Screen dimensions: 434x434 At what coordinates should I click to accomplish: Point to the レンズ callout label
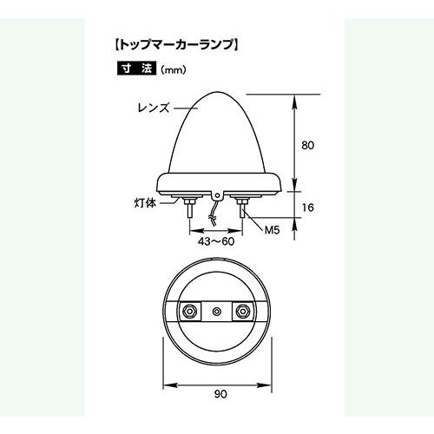coord(153,109)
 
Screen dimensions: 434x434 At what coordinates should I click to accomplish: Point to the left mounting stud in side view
coord(190,209)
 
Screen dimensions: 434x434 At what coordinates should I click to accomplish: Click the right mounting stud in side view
coord(242,209)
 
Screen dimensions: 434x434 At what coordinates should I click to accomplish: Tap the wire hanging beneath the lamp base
coord(216,212)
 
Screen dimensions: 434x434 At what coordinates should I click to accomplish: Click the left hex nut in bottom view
coord(187,311)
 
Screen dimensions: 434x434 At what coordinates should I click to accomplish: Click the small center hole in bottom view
coord(216,311)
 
